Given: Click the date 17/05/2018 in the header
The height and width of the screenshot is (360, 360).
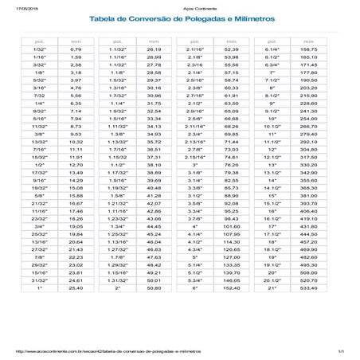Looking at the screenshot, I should (14, 4).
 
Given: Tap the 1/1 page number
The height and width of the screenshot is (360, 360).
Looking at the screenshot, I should (340, 350).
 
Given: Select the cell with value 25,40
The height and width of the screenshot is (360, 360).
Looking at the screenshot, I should (76, 311).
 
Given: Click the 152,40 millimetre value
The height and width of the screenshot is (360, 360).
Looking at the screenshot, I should (233, 311).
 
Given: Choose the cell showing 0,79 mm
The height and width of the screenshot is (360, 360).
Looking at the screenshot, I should (76, 50).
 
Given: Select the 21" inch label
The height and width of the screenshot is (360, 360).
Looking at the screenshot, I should (272, 311).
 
